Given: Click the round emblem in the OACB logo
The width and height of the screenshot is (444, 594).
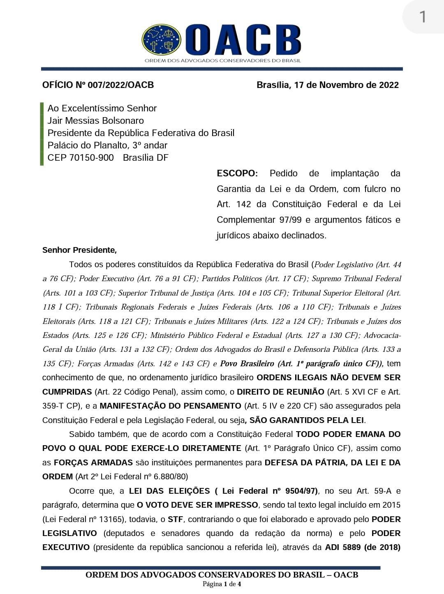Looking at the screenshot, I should point(162,40).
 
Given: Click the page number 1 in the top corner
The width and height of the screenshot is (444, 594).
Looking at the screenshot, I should point(422,17).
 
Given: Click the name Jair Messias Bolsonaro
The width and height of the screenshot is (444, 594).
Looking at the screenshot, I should point(96,121).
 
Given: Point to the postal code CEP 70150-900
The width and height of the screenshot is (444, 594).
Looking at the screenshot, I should point(81,158).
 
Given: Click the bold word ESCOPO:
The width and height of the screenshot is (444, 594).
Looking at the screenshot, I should point(237,173).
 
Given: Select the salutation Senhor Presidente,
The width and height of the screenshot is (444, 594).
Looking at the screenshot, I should point(79,250).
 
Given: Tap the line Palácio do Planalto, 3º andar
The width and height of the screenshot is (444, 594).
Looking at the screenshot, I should point(107,146).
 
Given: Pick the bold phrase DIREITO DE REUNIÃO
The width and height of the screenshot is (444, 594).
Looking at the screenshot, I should point(280,392).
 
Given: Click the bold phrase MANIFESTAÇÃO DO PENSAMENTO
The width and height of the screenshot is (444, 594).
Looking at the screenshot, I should point(170,406).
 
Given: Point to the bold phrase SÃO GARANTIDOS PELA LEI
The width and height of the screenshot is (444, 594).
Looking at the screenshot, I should point(307,420).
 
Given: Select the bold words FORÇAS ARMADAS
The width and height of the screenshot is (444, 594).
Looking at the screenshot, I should point(93,462).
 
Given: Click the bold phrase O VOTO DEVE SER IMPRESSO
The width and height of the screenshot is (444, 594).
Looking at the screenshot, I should point(198,505).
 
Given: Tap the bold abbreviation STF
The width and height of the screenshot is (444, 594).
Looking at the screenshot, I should point(175,519).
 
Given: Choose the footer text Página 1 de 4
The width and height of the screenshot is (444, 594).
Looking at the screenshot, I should point(222,584).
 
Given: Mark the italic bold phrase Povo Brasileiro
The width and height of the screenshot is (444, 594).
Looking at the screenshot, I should point(247,364).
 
